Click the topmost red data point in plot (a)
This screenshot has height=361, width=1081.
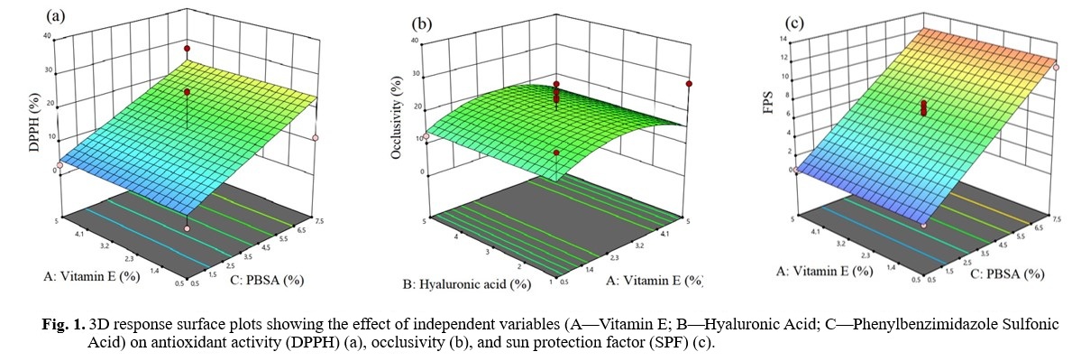pos(187,48)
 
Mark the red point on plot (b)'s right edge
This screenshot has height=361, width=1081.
pos(689,84)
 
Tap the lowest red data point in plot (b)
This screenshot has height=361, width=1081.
pos(557,153)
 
